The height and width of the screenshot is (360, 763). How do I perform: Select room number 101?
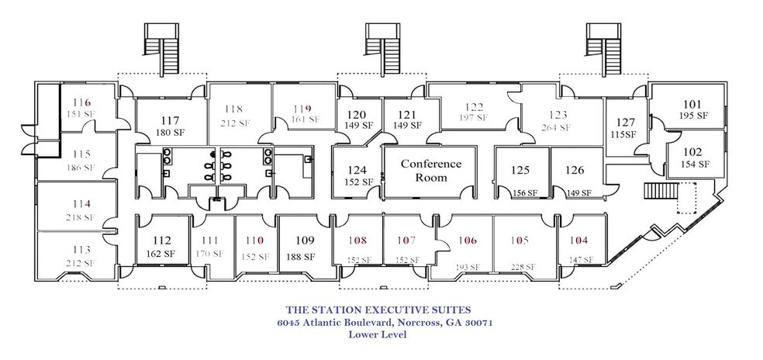coord(692,104)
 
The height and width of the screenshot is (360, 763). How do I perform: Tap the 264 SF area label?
coord(555,128)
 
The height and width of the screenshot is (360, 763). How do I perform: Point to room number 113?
coord(81,250)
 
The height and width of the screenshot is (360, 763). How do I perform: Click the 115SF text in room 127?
coord(623,134)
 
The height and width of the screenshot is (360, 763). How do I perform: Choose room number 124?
coord(357,170)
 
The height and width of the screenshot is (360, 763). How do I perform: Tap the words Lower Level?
coord(378,334)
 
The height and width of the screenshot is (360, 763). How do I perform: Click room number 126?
coord(575,170)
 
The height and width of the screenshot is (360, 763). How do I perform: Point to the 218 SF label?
coord(81,217)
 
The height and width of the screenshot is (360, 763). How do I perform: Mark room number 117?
coord(167,120)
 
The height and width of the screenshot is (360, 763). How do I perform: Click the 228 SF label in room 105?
coord(523,266)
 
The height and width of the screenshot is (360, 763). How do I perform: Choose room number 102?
coord(692,152)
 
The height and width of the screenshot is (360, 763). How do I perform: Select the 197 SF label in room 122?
coord(474,117)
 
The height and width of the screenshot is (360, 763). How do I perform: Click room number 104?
coord(578,241)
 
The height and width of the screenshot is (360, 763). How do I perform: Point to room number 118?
coord(233,109)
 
